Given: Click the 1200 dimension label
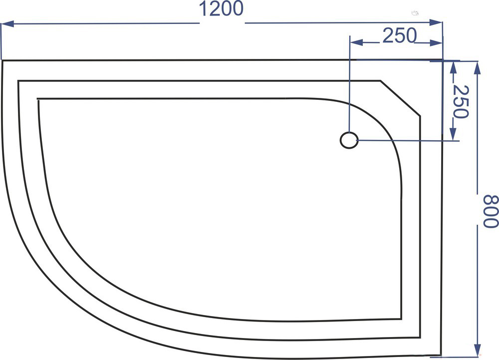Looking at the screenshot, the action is point(221,9).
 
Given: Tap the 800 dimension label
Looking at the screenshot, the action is point(490,211).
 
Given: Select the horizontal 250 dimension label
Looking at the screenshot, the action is point(399,35).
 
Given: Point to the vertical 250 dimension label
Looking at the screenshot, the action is point(461,101).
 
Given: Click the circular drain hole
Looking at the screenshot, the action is point(349,140).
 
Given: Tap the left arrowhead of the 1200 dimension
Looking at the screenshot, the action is point(7,23).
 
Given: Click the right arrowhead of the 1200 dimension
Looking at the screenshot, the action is point(436,22).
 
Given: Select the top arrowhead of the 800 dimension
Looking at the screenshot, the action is point(477,68).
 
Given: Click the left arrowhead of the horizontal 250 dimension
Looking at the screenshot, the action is point(356,42).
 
